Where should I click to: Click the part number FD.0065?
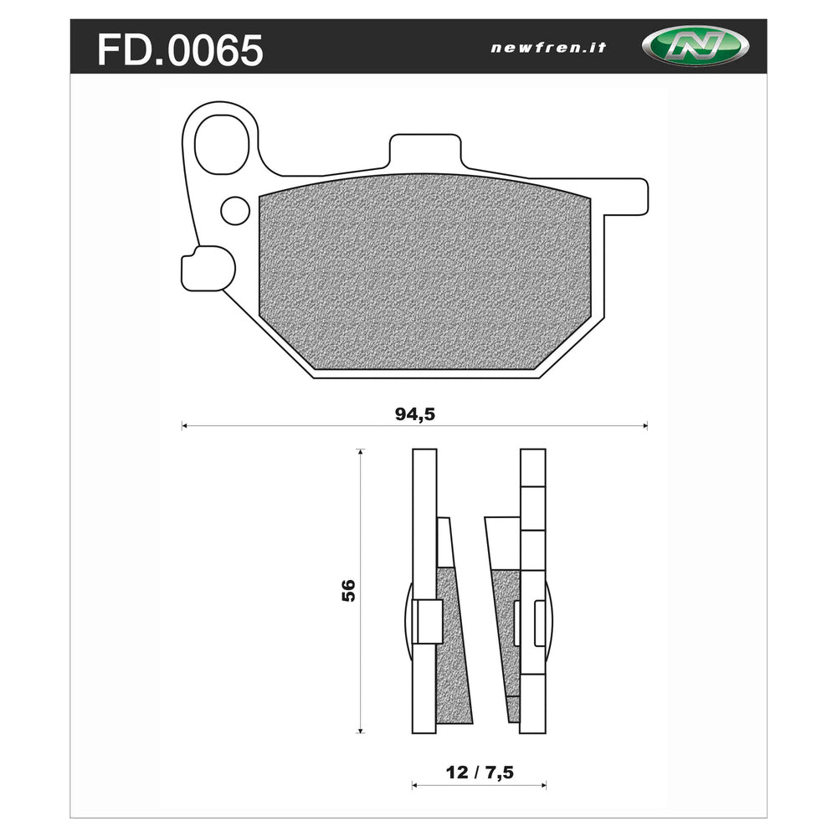[x=180, y=50]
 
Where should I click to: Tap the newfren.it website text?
[x=548, y=48]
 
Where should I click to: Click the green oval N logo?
[x=695, y=47]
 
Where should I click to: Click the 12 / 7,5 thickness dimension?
[x=479, y=773]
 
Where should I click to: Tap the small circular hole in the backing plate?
[x=234, y=209]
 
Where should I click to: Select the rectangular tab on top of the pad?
[x=424, y=152]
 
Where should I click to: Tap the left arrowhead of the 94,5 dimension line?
[x=185, y=427]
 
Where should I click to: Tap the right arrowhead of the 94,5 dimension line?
[x=644, y=427]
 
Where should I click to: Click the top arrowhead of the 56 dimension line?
[x=361, y=453]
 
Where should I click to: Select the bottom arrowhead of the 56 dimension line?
[x=361, y=730]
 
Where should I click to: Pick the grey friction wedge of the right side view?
[x=506, y=636]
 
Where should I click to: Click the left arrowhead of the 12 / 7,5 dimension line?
[x=414, y=786]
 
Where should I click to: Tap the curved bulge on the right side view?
[x=550, y=619]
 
